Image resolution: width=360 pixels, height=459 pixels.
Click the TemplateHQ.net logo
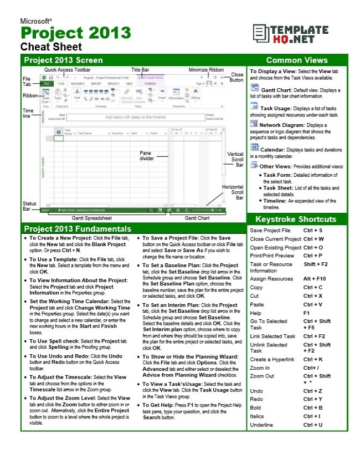pyautogui.click(x=297, y=34)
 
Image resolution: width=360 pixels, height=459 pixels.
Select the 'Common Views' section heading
pyautogui.click(x=296, y=60)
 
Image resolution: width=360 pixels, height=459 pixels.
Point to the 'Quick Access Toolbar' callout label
pyautogui.click(x=67, y=70)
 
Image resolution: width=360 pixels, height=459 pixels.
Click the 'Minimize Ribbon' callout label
pyautogui.click(x=206, y=70)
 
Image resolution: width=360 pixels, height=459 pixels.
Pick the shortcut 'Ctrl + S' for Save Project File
pyautogui.click(x=313, y=230)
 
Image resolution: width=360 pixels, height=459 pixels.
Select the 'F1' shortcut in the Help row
pyautogui.click(x=307, y=313)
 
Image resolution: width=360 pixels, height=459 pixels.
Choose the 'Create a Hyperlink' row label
pyautogui.click(x=272, y=359)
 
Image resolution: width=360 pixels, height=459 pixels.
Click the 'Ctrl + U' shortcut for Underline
pyautogui.click(x=313, y=425)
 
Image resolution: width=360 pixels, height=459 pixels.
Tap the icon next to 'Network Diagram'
pyautogui.click(x=254, y=124)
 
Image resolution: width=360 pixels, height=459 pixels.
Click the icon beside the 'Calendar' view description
pyautogui.click(x=254, y=147)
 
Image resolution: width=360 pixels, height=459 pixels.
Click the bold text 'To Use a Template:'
pyautogui.click(x=53, y=259)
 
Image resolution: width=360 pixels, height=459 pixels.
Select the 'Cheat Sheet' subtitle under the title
pyautogui.click(x=51, y=47)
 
